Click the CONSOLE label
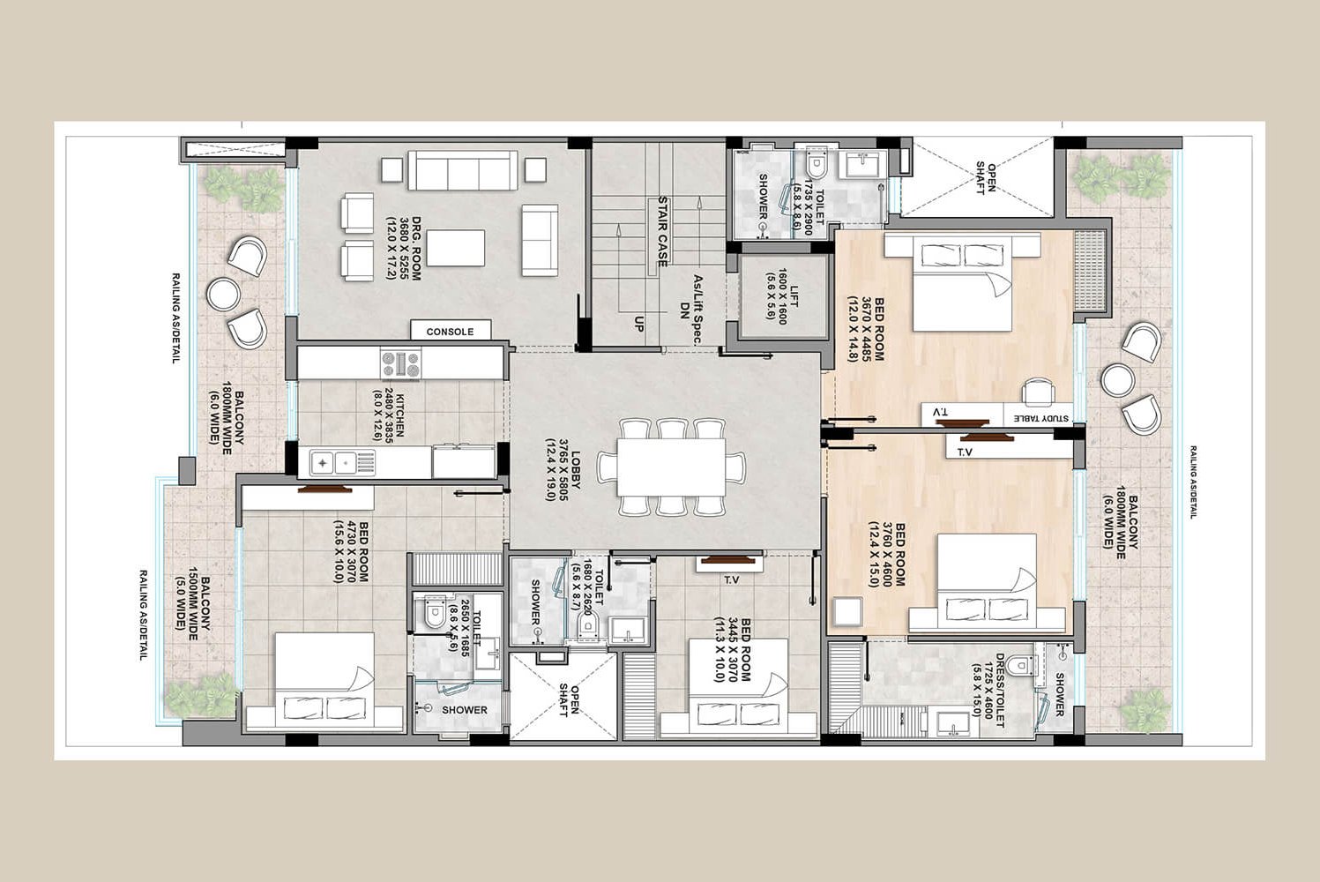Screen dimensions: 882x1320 450,332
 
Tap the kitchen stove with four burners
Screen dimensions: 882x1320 400,363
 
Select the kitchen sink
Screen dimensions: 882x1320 334,461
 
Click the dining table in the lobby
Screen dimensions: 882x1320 671,467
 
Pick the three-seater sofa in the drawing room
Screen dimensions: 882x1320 462,169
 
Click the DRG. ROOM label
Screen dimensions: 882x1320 404,249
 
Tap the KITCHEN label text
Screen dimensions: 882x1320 387,415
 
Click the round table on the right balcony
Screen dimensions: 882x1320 1117,379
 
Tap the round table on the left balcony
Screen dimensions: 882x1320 223,293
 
